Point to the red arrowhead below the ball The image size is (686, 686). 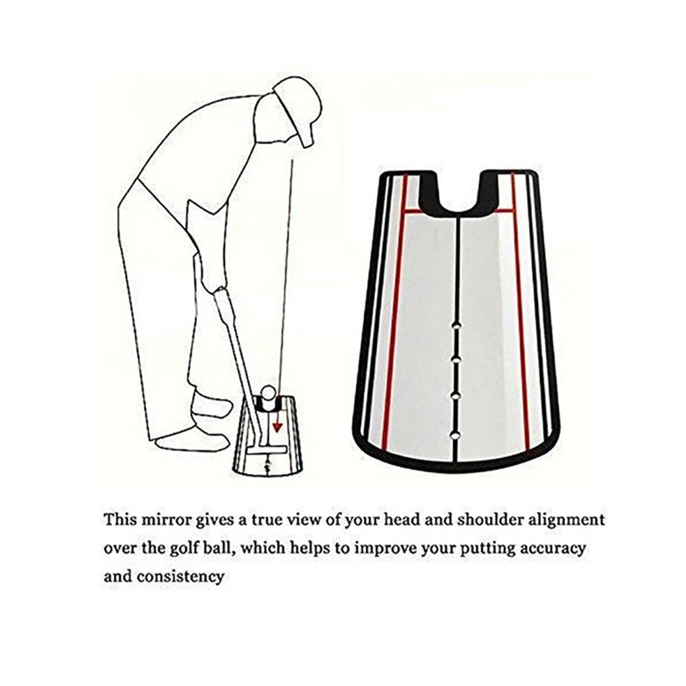[x=277, y=427]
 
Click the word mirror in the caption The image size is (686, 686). [x=163, y=521]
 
